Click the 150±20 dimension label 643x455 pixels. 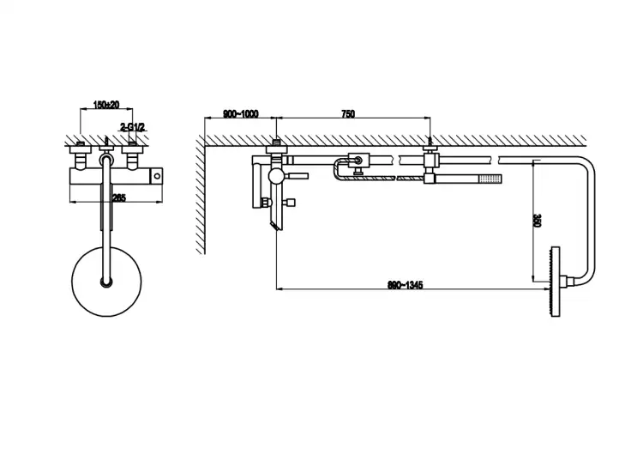click(106, 105)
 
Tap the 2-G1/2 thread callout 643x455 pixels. click(133, 127)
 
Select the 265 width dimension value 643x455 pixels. click(119, 197)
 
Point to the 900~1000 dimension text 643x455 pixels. click(240, 113)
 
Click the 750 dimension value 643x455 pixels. click(348, 113)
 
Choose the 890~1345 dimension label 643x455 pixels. click(406, 284)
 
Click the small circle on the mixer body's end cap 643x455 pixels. click(157, 177)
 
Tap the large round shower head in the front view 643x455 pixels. click(106, 282)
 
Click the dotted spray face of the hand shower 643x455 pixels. click(491, 179)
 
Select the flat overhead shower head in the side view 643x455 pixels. click(556, 282)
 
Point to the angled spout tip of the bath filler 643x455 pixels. click(274, 226)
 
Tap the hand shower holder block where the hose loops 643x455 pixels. click(359, 161)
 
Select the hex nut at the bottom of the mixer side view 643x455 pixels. click(267, 202)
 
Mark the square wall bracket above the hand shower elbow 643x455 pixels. click(430, 161)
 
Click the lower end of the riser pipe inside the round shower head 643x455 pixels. click(106, 282)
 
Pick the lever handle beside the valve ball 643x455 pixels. click(295, 176)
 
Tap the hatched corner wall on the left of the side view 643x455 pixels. click(200, 195)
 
